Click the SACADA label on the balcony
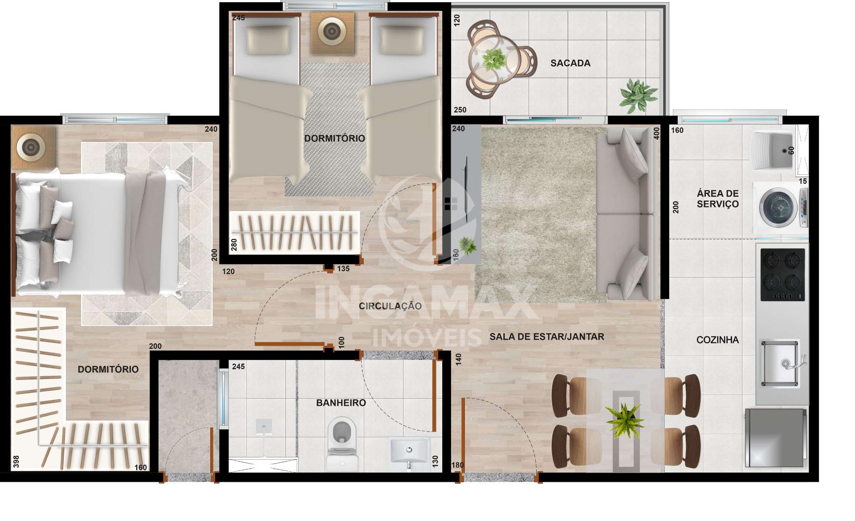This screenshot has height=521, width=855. coord(570,63)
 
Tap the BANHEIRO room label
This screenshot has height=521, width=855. coord(341,403)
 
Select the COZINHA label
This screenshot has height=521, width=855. coord(717,340)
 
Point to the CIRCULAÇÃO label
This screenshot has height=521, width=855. coord(390,306)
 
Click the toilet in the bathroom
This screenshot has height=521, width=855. coord(342,443)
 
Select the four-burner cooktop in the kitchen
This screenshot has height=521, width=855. coord(783,275)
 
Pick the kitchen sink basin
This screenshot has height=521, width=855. coord(780,363)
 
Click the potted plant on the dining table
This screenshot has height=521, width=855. coord(624,420)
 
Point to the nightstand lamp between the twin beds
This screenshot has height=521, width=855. coord(332,31)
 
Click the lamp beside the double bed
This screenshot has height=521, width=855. coord(31,146)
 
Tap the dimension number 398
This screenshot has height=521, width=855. coord(16,461)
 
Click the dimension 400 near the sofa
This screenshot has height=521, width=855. coord(656,134)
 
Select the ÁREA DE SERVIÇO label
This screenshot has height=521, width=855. coord(717,199)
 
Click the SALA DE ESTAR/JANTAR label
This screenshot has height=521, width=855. coord(547,337)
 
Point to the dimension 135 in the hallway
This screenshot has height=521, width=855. coord(343,269)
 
